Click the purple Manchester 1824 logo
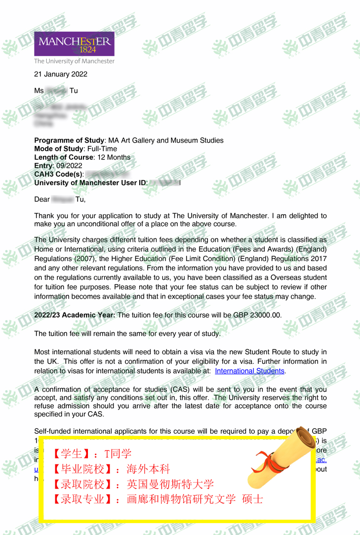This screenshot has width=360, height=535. (x=74, y=44)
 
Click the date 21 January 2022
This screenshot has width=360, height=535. (x=61, y=75)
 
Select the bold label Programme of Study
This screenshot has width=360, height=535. (x=69, y=141)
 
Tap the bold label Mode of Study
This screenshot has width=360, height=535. (x=59, y=149)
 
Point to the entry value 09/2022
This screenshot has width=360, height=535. (x=69, y=166)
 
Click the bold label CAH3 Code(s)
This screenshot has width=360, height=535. (x=58, y=174)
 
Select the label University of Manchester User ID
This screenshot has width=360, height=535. (x=90, y=183)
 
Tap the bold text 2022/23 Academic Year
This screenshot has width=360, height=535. (x=75, y=315)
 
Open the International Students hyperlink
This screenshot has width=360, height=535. (x=250, y=371)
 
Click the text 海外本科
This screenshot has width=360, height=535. (x=148, y=469)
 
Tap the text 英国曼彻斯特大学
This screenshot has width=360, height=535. (x=170, y=484)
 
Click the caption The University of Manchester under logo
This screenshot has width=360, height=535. (x=74, y=61)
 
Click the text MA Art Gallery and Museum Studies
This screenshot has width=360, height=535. (x=165, y=141)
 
